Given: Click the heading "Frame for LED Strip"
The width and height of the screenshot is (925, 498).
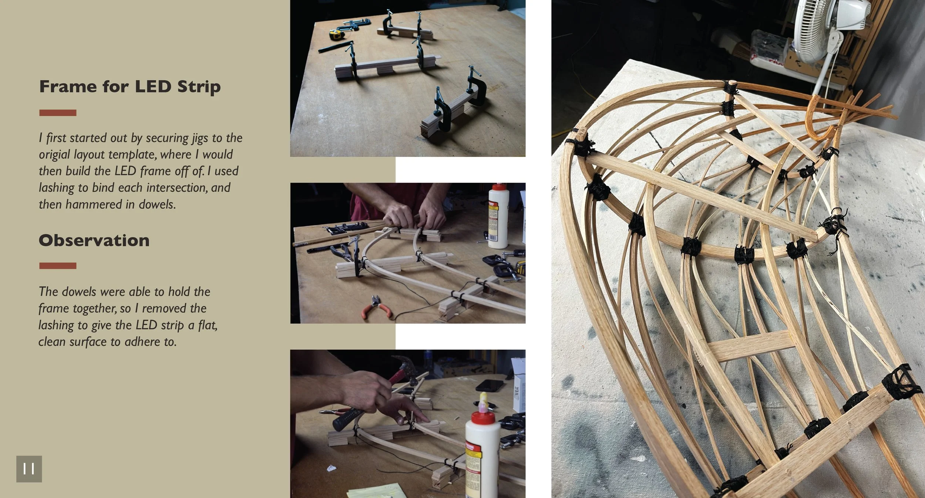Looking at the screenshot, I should (130, 87).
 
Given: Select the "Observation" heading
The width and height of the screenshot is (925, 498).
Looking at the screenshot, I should (94, 240).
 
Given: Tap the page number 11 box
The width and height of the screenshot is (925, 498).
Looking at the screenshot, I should (29, 469).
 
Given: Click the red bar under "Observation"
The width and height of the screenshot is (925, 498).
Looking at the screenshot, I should (58, 266).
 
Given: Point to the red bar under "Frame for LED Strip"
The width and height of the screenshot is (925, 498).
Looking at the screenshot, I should (58, 113).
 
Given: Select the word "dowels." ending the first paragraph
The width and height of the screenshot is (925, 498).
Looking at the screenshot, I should (157, 204).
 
